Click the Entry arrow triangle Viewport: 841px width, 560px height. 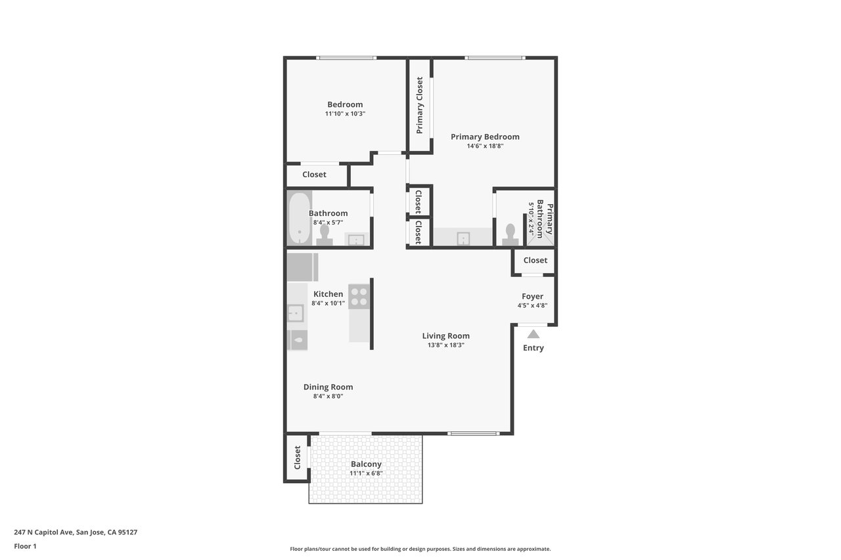tap(533, 334)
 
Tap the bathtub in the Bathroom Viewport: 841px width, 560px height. tap(299, 217)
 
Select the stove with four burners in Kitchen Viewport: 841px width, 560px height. tap(359, 297)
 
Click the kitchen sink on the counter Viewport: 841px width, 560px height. tap(296, 313)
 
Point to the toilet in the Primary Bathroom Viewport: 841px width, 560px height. tap(511, 234)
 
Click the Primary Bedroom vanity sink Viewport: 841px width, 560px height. tap(463, 238)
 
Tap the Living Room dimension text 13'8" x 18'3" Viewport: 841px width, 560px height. tap(446, 345)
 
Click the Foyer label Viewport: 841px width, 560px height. tap(532, 296)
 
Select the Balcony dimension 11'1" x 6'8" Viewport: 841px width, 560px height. tap(366, 473)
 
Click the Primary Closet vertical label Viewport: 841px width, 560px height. tap(419, 106)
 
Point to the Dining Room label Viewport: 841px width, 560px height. tap(328, 387)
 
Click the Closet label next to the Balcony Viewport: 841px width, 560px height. tap(298, 458)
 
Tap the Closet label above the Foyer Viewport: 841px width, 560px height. tap(535, 261)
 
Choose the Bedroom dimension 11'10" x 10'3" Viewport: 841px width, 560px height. tap(345, 114)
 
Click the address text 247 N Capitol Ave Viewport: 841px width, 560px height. tap(43, 532)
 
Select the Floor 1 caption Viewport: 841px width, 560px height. tap(25, 546)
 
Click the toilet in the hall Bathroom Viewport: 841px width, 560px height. tap(325, 235)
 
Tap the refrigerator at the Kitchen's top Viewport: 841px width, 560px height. tap(303, 267)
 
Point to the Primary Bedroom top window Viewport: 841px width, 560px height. tap(495, 58)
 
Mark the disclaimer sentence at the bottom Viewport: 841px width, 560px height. tap(420, 549)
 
